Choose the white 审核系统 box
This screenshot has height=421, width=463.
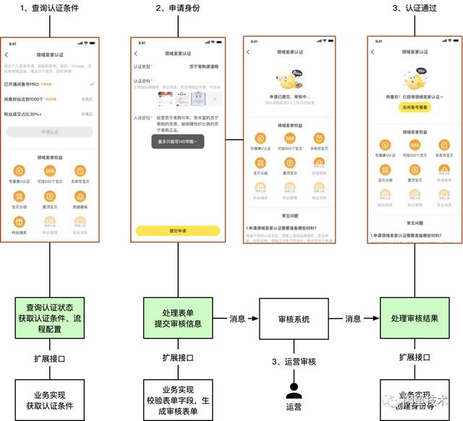294,318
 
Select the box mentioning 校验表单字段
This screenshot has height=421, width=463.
178,400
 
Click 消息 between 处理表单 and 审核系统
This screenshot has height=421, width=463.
237,318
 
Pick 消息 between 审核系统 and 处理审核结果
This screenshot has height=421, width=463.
353,318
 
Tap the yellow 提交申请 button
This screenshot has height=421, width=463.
178,231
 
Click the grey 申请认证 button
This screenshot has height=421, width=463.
50,132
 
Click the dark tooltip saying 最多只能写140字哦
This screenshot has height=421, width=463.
178,143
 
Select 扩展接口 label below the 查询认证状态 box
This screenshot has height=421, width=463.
50,357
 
